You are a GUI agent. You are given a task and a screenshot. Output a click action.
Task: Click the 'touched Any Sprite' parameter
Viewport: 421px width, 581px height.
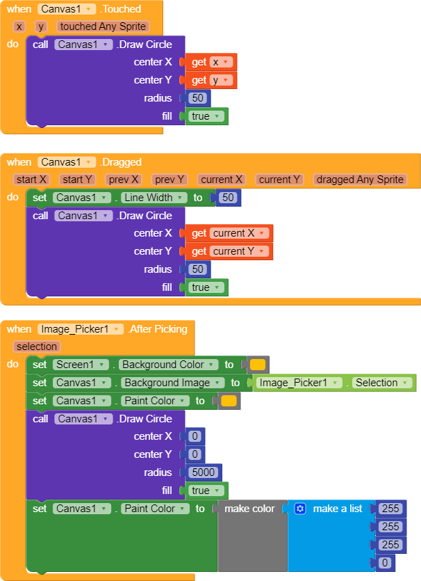[103, 26]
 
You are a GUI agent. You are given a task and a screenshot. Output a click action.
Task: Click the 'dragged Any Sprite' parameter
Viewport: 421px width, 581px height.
[359, 180]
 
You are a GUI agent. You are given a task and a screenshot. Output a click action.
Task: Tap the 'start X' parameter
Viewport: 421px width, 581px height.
[32, 180]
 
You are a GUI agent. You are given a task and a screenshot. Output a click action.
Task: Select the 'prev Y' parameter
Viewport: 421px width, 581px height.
[170, 180]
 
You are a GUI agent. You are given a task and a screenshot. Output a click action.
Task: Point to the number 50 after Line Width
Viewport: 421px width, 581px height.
[228, 198]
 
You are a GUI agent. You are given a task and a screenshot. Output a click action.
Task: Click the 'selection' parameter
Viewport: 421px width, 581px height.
[37, 347]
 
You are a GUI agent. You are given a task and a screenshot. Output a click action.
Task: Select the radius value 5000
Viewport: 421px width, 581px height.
[204, 472]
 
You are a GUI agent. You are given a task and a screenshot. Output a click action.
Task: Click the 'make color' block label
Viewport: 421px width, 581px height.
[249, 509]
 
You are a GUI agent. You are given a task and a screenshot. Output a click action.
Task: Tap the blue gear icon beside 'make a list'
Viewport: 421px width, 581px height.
[300, 509]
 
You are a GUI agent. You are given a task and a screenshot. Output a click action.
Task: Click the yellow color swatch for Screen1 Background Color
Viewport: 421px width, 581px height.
[257, 365]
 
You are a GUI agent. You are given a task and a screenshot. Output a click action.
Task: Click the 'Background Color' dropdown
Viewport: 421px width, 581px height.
[167, 365]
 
